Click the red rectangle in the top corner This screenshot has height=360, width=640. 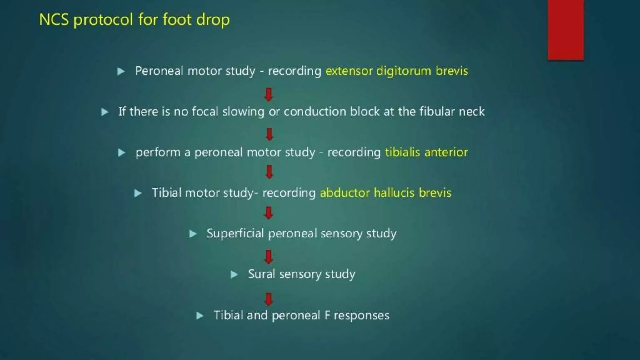coord(566,30)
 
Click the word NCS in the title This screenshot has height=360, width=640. coord(54,19)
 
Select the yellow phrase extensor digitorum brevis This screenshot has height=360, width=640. coord(397,71)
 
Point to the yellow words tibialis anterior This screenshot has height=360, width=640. coord(426,152)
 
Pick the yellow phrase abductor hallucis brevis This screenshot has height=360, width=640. coord(386,193)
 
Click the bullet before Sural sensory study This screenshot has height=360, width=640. coord(234,274)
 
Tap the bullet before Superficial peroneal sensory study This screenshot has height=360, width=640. coord(193,234)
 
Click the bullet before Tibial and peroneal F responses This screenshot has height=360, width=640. coord(200,316)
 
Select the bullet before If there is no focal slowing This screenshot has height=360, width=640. coord(105,112)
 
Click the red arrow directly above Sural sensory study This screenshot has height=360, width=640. coord(269,257)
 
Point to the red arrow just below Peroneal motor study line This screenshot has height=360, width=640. coord(269,94)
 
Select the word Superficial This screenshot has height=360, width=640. coord(235,233)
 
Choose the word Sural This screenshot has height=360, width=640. coord(262,274)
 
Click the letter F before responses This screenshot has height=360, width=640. coord(327,315)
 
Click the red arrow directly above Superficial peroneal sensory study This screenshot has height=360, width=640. coord(269,213)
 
